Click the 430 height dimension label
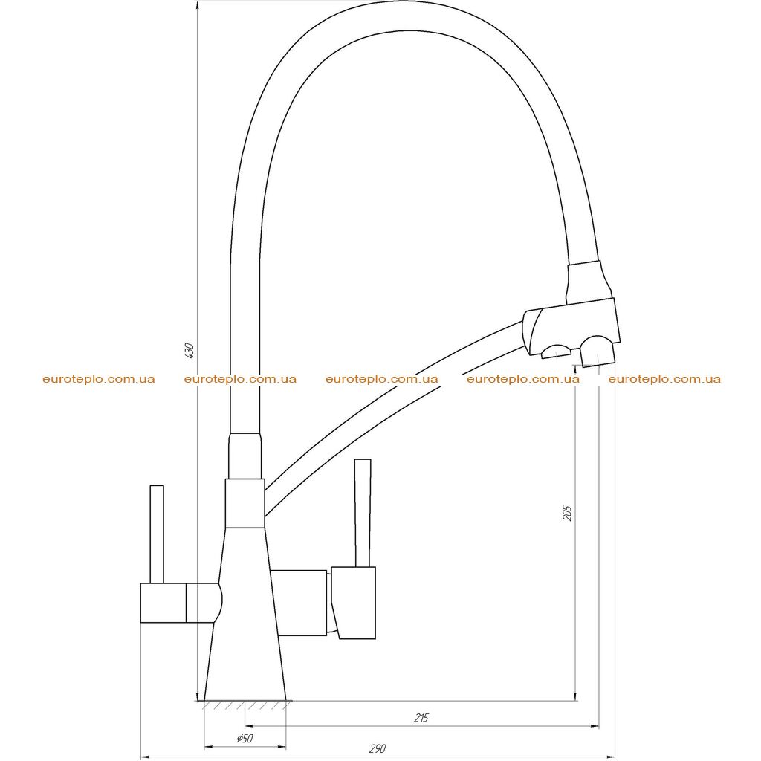coord(190,351)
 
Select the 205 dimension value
coord(567,513)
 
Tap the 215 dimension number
coord(421,717)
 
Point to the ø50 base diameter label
coord(245,739)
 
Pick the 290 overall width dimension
coord(377,748)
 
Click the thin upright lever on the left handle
coord(157,534)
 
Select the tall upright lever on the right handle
coord(363,513)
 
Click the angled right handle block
coord(354,602)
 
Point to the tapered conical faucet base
coord(245,614)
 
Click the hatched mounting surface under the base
coord(245,705)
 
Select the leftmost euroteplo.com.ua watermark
coord(99,379)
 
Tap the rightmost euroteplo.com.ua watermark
coord(664,379)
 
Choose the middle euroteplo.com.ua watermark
coord(381,379)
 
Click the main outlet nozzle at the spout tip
coord(598,352)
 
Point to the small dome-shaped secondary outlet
coord(557,352)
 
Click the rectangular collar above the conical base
coord(245,503)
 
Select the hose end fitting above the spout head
coord(589,283)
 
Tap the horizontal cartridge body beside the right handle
coord(299,603)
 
